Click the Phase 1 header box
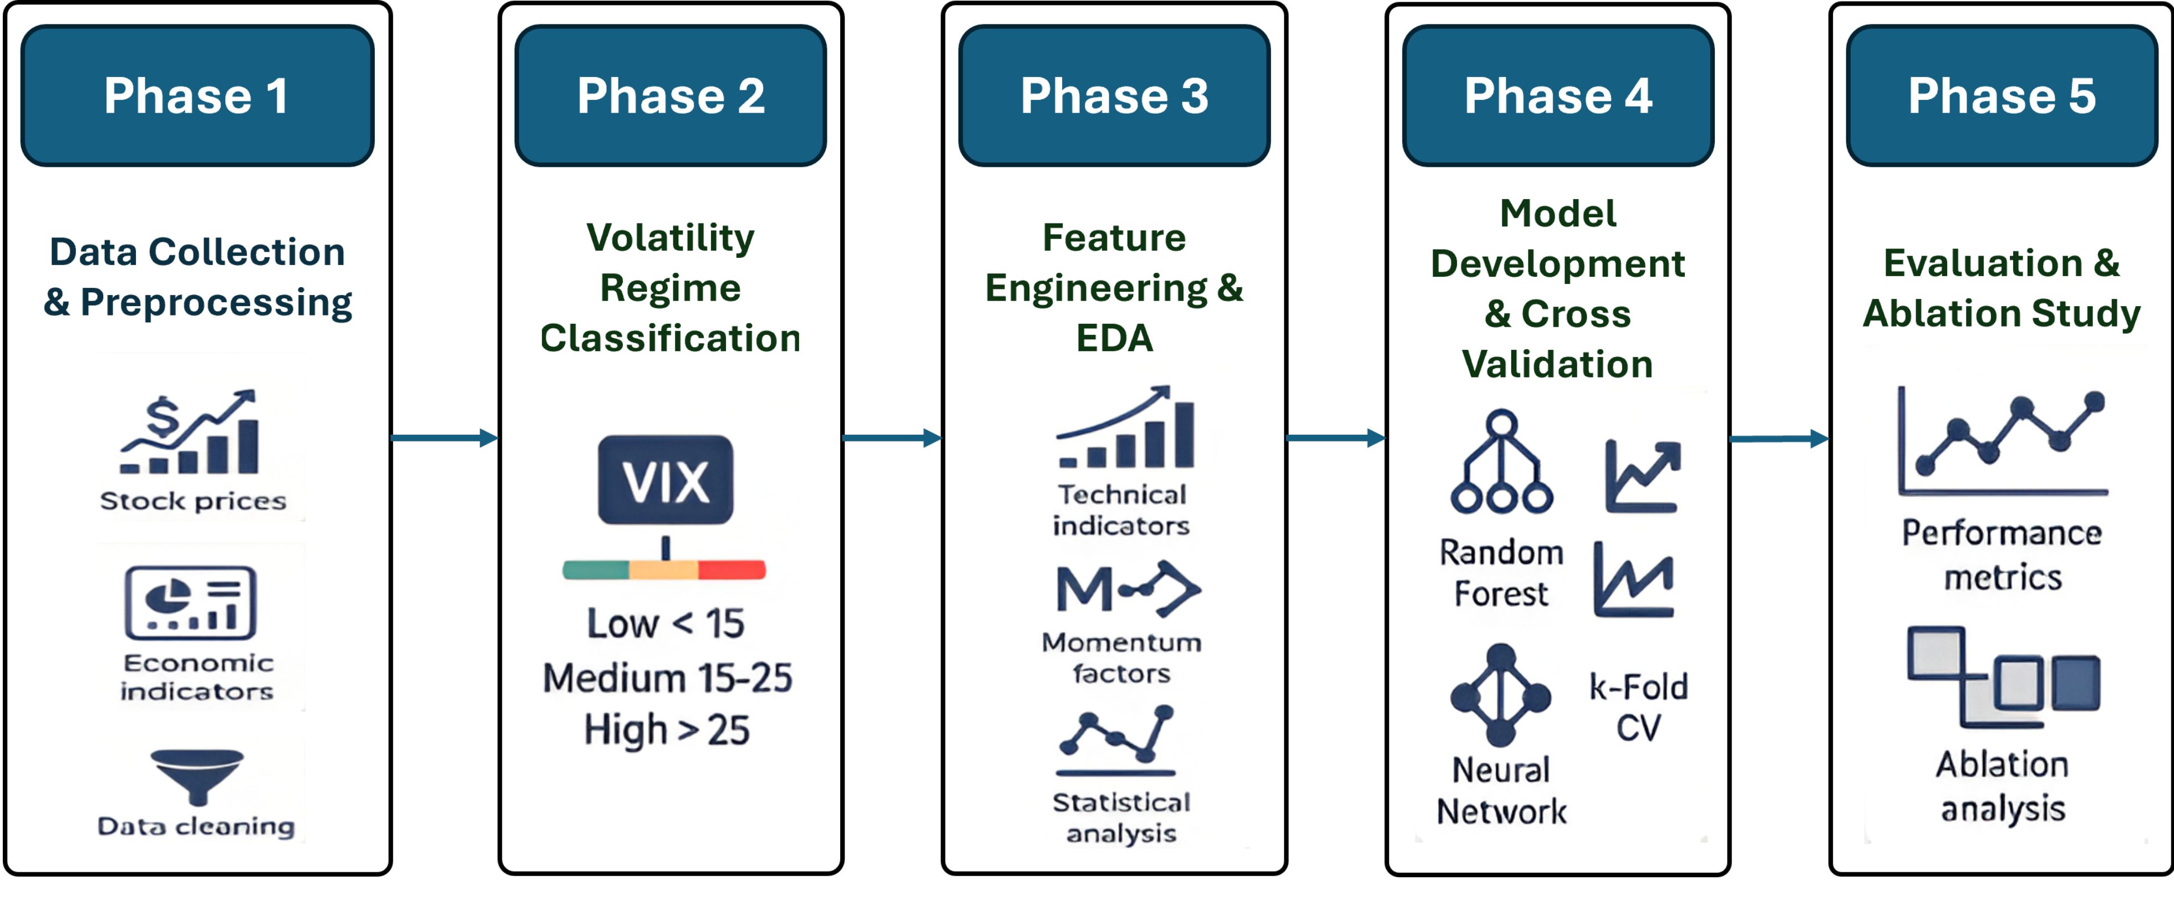pyautogui.click(x=197, y=95)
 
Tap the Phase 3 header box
pyautogui.click(x=1114, y=95)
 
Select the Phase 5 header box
pyautogui.click(x=2002, y=95)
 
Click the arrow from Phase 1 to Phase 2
pyautogui.click(x=445, y=438)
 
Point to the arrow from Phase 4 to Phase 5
pyautogui.click(x=1779, y=438)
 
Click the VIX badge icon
pyautogui.click(x=666, y=480)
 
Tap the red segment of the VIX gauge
pyautogui.click(x=732, y=570)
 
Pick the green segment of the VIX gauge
pyautogui.click(x=596, y=570)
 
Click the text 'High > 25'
pyautogui.click(x=667, y=729)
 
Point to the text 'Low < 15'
pyautogui.click(x=666, y=624)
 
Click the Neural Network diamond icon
pyautogui.click(x=1501, y=695)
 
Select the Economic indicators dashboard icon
pyautogui.click(x=191, y=602)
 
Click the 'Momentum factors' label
pyautogui.click(x=1121, y=658)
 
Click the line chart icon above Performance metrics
pyautogui.click(x=2003, y=441)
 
